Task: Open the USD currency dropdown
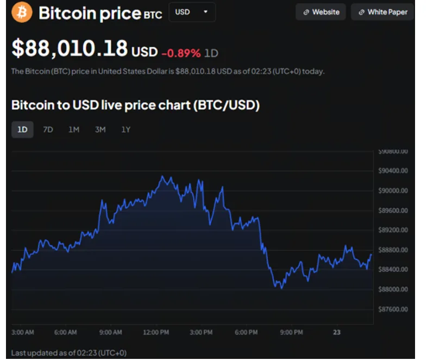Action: pyautogui.click(x=192, y=12)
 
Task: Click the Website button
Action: pyautogui.click(x=321, y=12)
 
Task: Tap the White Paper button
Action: pyautogui.click(x=382, y=12)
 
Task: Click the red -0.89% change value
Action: pyautogui.click(x=181, y=53)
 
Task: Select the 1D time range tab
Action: pyautogui.click(x=22, y=129)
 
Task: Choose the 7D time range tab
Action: pyautogui.click(x=48, y=129)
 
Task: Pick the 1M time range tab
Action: pyautogui.click(x=74, y=129)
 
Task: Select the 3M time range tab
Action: pyautogui.click(x=100, y=129)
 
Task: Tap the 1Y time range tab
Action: pyautogui.click(x=126, y=129)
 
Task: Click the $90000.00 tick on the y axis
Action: pyautogui.click(x=393, y=190)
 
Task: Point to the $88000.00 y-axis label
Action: pyautogui.click(x=393, y=289)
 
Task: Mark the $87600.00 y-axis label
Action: pyautogui.click(x=393, y=309)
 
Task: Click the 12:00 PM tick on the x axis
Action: pyautogui.click(x=155, y=332)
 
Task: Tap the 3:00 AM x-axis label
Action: pyautogui.click(x=23, y=332)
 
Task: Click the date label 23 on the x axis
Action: pyautogui.click(x=337, y=332)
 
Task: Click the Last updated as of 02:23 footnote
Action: pyautogui.click(x=69, y=353)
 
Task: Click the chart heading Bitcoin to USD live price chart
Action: pyautogui.click(x=135, y=105)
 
